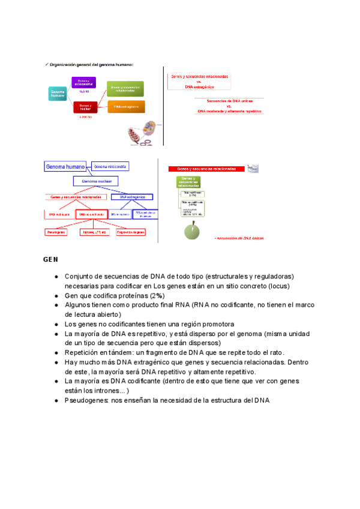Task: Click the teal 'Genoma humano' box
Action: pos(58,93)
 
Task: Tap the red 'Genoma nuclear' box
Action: pos(84,107)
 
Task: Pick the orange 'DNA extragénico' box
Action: pos(126,107)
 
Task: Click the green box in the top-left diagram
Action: pos(126,89)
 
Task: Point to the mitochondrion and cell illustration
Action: pos(143,133)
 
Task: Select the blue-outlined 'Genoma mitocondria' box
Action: pos(110,166)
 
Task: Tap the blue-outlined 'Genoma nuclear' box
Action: pos(96,181)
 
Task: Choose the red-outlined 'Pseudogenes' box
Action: pos(56,232)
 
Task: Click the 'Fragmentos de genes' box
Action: pos(131,232)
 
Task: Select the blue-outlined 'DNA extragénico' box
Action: pos(132,197)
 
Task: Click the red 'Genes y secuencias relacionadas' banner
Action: pos(208,169)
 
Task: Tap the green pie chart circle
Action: pos(193,230)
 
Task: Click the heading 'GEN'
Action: pos(50,260)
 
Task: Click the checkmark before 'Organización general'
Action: pos(46,64)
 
